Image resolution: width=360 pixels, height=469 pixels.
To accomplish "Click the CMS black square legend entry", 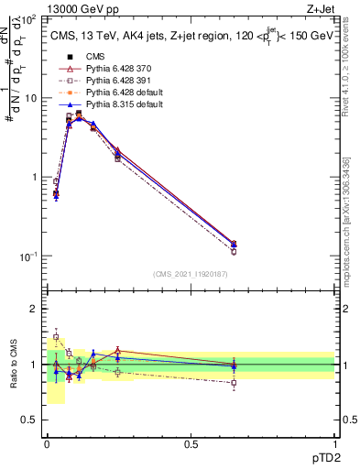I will click(x=95, y=58).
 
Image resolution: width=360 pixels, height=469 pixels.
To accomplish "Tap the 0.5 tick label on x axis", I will click(x=191, y=442).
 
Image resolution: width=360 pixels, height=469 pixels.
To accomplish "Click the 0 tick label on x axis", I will click(x=47, y=442).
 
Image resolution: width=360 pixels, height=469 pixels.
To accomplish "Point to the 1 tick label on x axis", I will click(x=336, y=442).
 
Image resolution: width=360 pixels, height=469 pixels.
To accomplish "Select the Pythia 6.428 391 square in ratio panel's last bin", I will click(x=234, y=383).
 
